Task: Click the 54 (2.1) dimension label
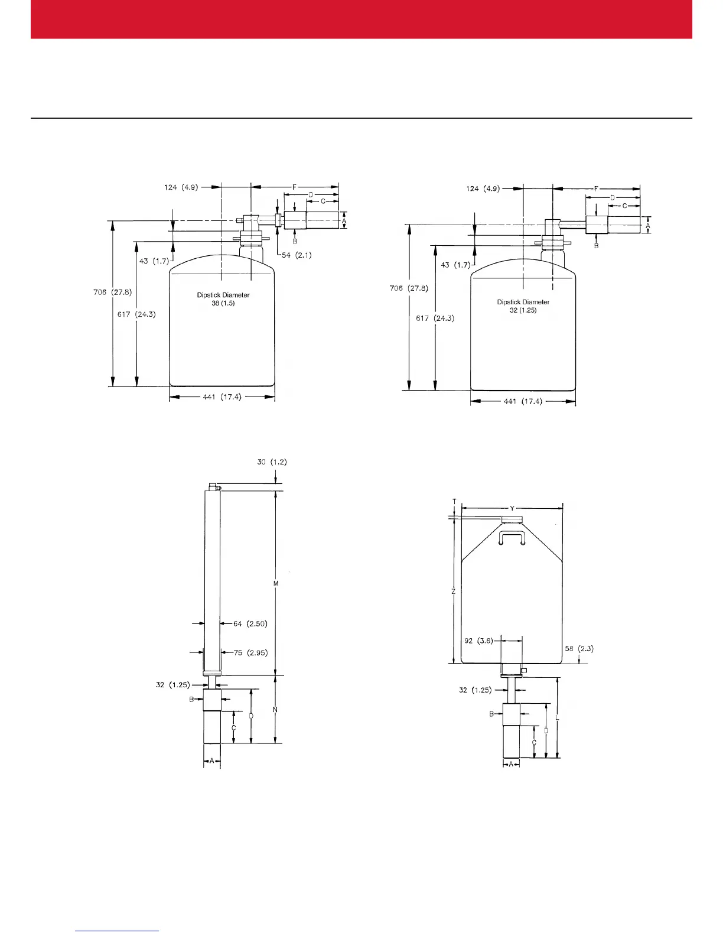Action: (297, 255)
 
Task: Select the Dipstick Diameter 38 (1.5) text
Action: (223, 299)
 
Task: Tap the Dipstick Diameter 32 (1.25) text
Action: (523, 306)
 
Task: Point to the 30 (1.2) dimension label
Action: (272, 462)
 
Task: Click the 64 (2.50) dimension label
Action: (250, 623)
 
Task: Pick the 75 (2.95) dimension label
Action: (250, 653)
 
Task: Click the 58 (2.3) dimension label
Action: (579, 648)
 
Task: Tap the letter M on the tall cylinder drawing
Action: (276, 584)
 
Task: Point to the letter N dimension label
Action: (276, 710)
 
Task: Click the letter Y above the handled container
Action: (512, 508)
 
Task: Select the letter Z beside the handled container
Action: (453, 591)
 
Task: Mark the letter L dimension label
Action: (558, 718)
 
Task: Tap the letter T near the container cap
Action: (454, 502)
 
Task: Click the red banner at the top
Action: (361, 19)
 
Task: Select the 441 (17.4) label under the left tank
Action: (222, 397)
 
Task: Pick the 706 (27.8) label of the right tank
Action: (409, 288)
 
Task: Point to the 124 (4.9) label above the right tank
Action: (483, 188)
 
